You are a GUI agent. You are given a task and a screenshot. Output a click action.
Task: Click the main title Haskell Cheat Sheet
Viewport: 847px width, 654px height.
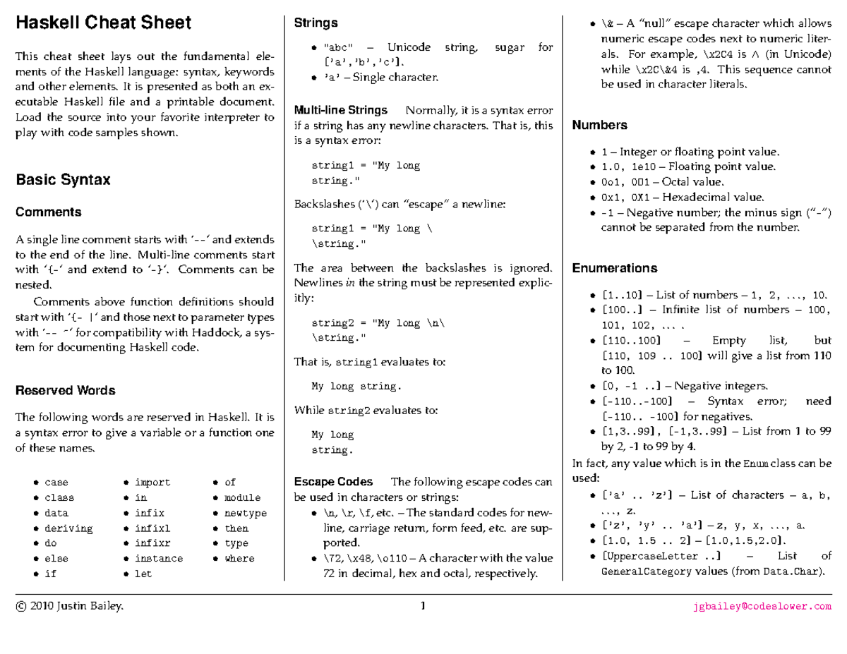click(x=103, y=23)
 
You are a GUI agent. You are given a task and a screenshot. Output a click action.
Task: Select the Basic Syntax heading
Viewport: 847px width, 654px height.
click(x=63, y=180)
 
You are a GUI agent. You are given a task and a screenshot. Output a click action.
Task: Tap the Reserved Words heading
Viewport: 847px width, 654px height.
click(x=66, y=391)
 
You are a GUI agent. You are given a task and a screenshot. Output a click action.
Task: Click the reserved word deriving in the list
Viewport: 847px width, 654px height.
click(x=68, y=528)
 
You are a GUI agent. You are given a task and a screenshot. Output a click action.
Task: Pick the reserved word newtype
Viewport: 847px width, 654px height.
click(x=246, y=513)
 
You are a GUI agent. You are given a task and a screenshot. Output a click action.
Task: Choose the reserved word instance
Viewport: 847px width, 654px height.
click(x=159, y=559)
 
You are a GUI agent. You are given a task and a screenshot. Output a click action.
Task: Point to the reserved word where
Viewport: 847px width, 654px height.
click(x=239, y=559)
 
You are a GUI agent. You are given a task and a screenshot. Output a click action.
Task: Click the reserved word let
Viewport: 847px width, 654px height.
click(x=143, y=574)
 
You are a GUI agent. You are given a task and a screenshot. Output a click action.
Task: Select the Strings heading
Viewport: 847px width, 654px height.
click(x=316, y=23)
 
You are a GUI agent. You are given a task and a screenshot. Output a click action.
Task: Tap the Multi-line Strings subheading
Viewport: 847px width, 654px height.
click(x=340, y=111)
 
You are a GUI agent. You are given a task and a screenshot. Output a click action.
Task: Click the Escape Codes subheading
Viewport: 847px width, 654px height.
click(x=333, y=483)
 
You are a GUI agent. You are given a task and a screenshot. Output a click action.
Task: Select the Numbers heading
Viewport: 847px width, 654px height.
click(x=599, y=126)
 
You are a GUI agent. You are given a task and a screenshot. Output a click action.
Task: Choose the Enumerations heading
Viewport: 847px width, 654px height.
click(x=614, y=269)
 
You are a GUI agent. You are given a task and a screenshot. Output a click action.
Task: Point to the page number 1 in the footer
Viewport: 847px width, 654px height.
click(x=423, y=606)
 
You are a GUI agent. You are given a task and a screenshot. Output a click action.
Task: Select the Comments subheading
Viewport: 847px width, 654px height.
click(x=49, y=212)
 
